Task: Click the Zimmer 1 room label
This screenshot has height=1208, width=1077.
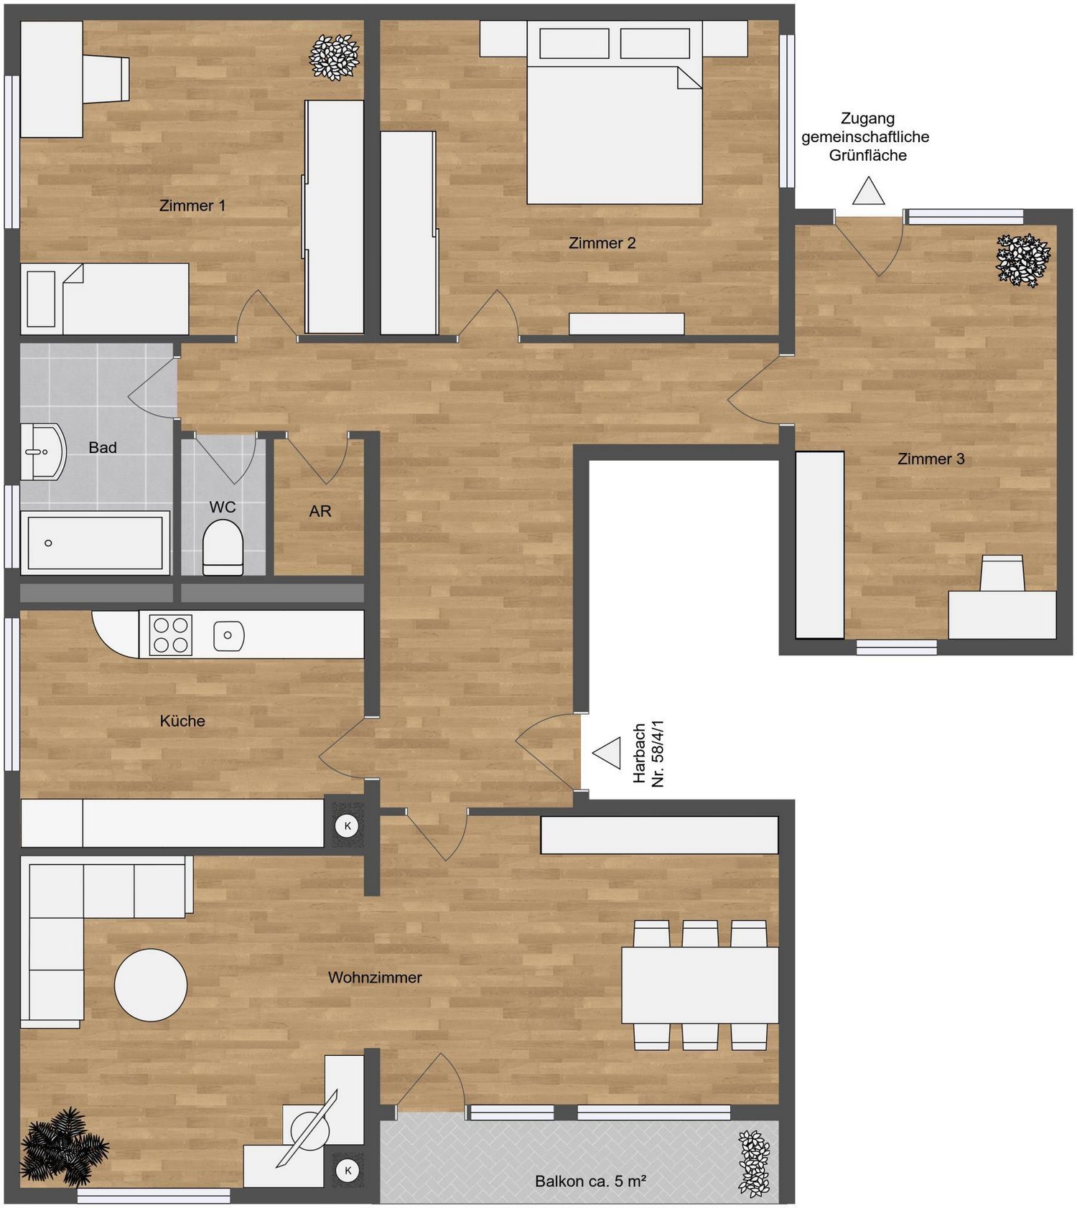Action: (x=192, y=206)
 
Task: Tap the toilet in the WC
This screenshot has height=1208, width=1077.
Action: (x=223, y=547)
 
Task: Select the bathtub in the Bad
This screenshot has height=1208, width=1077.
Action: (x=95, y=543)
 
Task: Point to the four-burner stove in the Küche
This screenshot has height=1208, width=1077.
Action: (x=171, y=635)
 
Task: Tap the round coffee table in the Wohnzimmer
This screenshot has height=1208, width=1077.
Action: (x=151, y=985)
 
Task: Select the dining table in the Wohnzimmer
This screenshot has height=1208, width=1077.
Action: (x=700, y=985)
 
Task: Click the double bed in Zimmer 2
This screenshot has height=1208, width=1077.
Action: (x=615, y=112)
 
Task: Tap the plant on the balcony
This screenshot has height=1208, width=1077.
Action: (x=754, y=1163)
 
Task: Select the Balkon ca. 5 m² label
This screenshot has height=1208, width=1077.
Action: (x=590, y=1181)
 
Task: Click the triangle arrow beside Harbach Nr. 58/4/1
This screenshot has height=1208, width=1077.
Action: (x=607, y=753)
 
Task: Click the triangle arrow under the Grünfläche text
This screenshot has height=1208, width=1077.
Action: (x=868, y=191)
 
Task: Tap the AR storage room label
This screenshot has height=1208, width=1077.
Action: (x=320, y=511)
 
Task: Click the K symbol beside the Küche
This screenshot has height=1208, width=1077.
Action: (x=348, y=825)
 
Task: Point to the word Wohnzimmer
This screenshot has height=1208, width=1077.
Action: (x=375, y=978)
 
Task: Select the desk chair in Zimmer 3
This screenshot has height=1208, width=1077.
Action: (x=1002, y=573)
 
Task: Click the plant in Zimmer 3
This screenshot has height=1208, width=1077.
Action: (x=1023, y=260)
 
